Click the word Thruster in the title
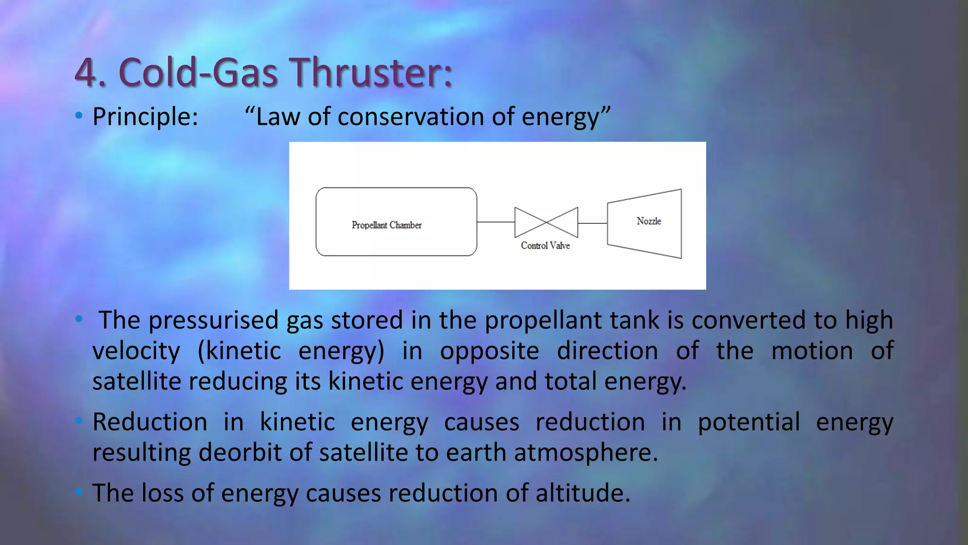pos(371,73)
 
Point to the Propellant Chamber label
pos(386,225)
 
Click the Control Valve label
pos(545,246)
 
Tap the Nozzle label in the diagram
pos(648,221)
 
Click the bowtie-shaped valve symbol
pos(546,222)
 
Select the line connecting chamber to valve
pos(495,222)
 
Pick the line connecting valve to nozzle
pos(592,223)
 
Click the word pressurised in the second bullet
pos(213,320)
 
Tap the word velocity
pos(136,351)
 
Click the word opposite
pos(489,351)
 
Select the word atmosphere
pos(586,452)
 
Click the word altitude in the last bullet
pos(582,493)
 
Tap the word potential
pos(749,422)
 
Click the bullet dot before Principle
pos(79,115)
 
